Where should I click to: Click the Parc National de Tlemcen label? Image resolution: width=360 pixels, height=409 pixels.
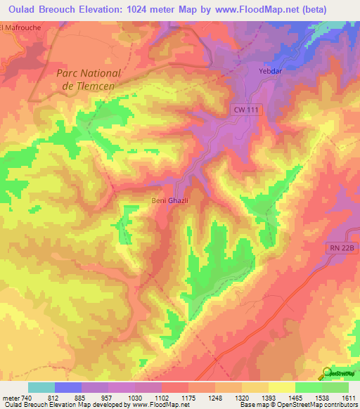[x=89, y=79]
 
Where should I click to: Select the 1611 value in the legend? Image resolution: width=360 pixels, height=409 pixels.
[x=348, y=397]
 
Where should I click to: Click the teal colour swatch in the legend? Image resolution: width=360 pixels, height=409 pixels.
[x=41, y=387]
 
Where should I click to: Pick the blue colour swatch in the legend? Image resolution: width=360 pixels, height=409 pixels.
[x=68, y=387]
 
